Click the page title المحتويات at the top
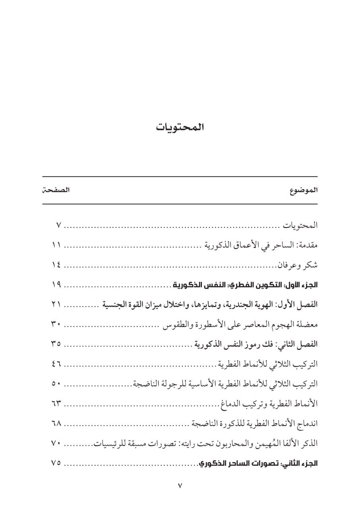(x=180, y=128)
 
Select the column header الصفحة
(x=56, y=190)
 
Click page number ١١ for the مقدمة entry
(x=56, y=245)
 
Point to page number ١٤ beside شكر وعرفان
(x=56, y=265)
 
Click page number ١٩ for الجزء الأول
(x=56, y=285)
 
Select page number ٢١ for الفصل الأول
(x=56, y=305)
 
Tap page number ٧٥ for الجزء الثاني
(x=56, y=463)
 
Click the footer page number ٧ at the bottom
(x=180, y=486)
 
